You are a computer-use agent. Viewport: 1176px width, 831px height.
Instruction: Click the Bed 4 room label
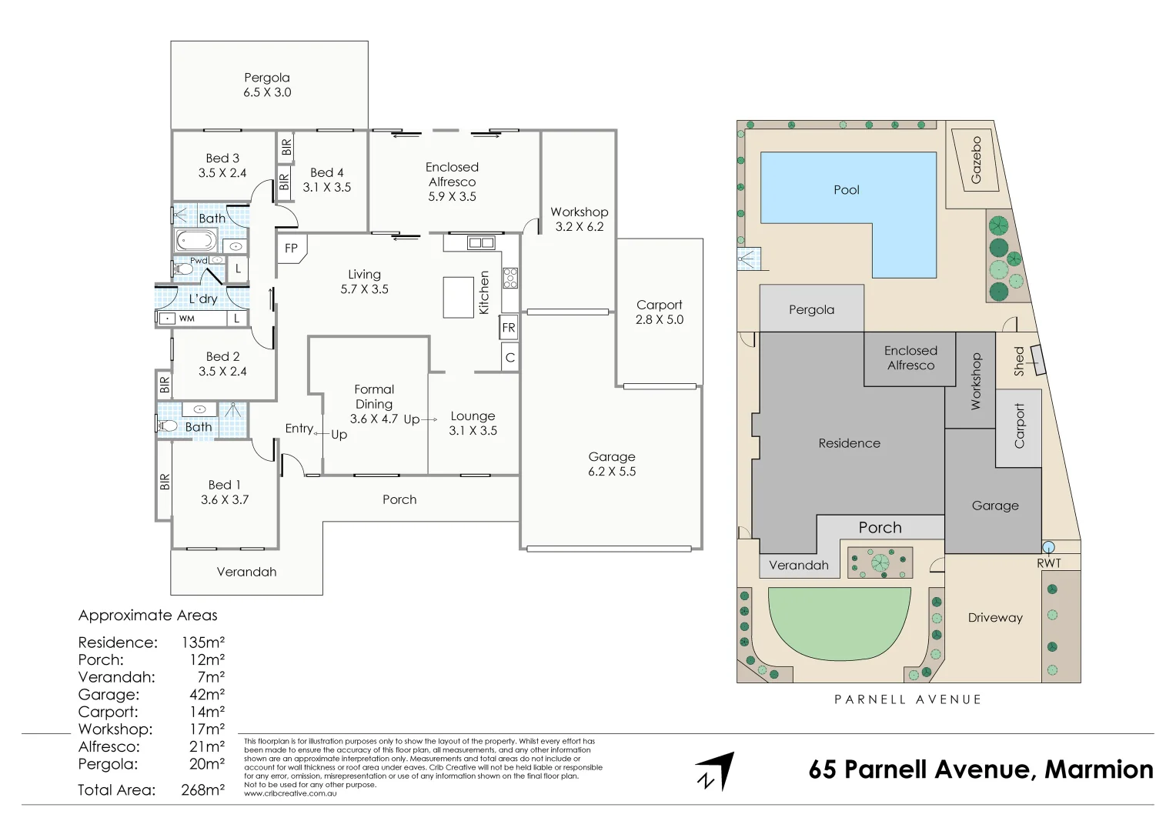click(326, 173)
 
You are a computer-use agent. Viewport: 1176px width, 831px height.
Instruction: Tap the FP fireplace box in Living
click(292, 249)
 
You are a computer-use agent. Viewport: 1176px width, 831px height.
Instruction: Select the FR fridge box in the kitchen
click(508, 328)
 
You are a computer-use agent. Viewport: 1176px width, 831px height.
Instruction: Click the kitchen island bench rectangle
click(458, 297)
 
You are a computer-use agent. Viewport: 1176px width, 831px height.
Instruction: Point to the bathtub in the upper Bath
click(196, 241)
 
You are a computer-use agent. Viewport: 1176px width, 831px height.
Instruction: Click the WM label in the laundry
click(187, 319)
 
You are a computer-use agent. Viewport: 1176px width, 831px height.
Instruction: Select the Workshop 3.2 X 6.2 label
click(579, 219)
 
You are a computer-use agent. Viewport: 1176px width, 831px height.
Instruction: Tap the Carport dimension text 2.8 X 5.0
click(659, 320)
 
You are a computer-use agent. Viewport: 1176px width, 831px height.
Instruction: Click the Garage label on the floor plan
click(612, 457)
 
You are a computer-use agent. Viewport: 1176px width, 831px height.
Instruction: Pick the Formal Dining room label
click(374, 397)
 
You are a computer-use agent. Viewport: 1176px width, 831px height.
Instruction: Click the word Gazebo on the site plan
click(976, 160)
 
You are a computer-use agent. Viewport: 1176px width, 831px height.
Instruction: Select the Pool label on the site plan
click(846, 190)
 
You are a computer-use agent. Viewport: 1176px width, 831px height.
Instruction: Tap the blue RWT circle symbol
click(1048, 547)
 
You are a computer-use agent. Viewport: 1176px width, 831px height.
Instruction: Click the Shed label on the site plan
click(1019, 361)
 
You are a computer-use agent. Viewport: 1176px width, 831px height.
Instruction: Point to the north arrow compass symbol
click(715, 772)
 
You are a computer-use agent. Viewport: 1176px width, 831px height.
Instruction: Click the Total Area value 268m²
click(202, 790)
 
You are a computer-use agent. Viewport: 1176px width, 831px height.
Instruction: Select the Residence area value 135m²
click(202, 642)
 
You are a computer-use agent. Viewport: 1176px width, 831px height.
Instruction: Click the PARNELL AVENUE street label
click(907, 699)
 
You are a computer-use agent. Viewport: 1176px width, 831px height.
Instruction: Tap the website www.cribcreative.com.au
click(290, 793)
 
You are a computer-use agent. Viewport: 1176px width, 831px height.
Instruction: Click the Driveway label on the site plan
click(994, 618)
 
